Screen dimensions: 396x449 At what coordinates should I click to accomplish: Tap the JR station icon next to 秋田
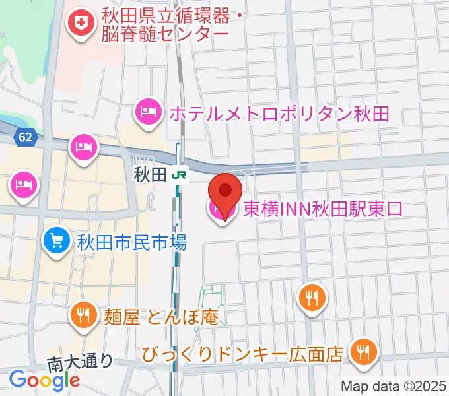point(178,176)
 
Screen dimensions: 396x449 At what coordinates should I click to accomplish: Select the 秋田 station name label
point(149,176)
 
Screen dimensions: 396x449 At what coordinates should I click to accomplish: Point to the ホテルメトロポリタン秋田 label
point(279,114)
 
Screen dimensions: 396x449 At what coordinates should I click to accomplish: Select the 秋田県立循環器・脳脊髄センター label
point(165,23)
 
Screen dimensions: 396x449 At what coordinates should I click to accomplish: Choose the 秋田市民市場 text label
point(133,242)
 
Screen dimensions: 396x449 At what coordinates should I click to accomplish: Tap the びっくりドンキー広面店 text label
point(243,354)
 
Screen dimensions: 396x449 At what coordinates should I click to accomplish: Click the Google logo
point(44,379)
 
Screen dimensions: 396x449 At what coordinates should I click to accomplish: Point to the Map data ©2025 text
point(394,385)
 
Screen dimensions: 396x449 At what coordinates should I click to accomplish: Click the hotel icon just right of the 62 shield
point(84,144)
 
